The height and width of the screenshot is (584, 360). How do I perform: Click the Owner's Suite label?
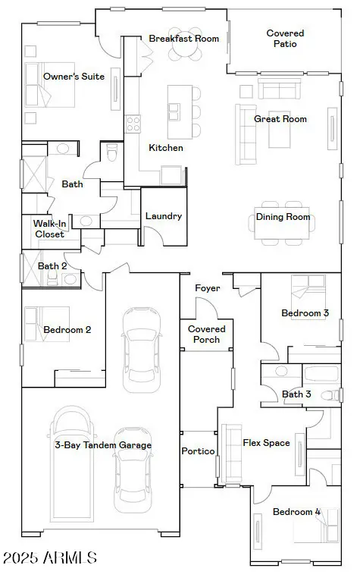coord(74,77)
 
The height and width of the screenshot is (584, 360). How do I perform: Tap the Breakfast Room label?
coord(183,39)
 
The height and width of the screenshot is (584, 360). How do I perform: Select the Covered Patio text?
coord(285,39)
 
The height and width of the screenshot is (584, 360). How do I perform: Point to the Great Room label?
coord(280,119)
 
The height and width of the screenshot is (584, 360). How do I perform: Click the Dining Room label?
coord(283,217)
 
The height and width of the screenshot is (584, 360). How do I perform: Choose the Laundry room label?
coord(164,216)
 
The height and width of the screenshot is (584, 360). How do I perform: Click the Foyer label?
coord(207,288)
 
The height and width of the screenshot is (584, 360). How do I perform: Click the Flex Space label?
coord(266,443)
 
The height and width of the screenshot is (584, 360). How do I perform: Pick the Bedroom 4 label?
coord(296,512)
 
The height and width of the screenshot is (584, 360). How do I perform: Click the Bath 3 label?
coord(296,394)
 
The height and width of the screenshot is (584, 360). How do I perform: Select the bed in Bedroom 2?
coord(38,324)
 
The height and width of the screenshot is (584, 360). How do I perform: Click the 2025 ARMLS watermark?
coord(50,559)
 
